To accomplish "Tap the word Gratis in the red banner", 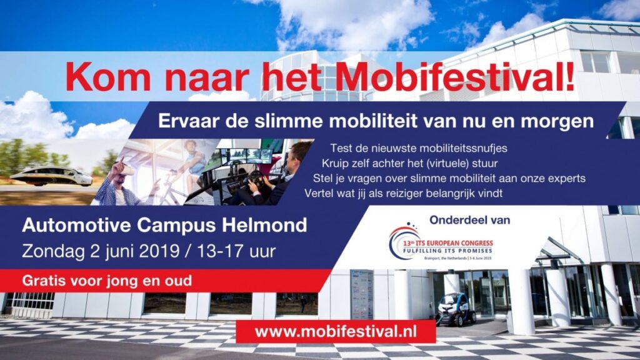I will click(x=42, y=281).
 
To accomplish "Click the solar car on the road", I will click(x=51, y=176).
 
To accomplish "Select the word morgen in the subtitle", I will click(x=559, y=121).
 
